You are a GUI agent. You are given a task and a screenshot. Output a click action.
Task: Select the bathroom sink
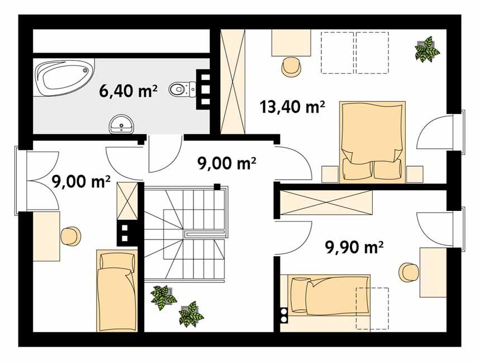click(x=120, y=124)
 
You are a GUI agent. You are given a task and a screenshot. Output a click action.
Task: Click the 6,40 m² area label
click(x=128, y=91)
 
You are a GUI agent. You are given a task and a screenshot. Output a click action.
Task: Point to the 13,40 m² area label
click(x=292, y=106)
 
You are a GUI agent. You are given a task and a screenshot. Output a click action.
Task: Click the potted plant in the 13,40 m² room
click(x=428, y=49)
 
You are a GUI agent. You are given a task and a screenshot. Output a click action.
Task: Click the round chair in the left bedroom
click(x=71, y=236)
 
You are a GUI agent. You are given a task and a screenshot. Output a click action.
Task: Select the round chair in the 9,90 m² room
click(x=409, y=272)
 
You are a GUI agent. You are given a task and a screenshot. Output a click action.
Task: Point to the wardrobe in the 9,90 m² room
click(x=326, y=203)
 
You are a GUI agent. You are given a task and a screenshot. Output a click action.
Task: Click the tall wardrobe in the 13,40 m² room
click(x=234, y=81)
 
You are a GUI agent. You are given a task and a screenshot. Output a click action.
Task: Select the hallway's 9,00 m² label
click(x=227, y=164)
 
